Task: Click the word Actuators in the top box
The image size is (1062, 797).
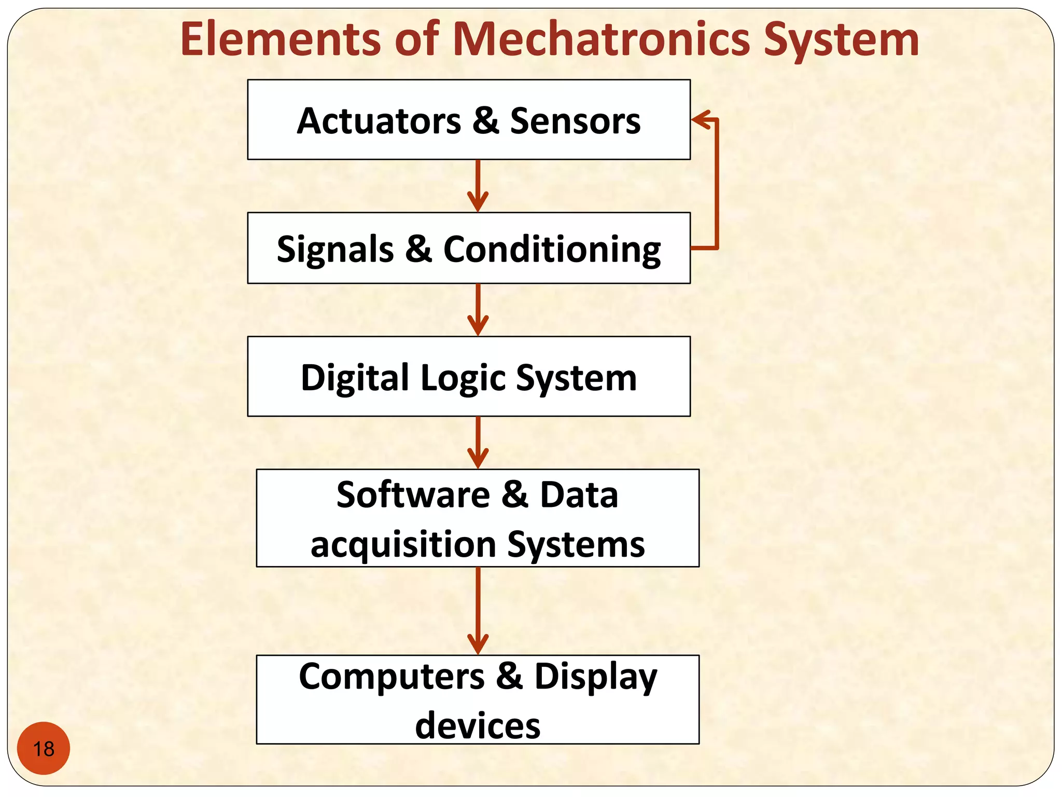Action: [x=379, y=121]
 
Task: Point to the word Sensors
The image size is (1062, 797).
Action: [x=575, y=121]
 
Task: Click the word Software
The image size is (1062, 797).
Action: [x=413, y=494]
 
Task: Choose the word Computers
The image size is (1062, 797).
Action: [x=392, y=677]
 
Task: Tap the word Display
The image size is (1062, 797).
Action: [x=596, y=678]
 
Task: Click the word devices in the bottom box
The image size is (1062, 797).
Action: [x=478, y=725]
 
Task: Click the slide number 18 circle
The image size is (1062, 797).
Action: [x=44, y=748]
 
